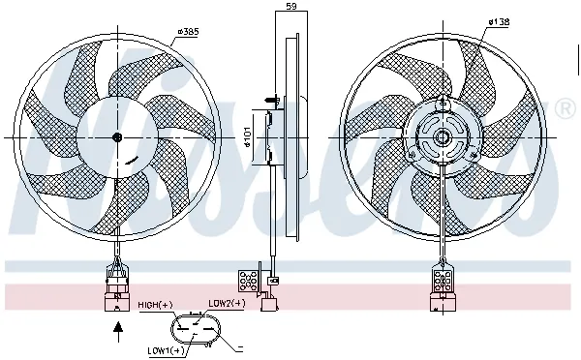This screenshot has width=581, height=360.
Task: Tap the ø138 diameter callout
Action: pyautogui.click(x=499, y=20)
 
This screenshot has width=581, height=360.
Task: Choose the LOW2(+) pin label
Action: pyautogui.click(x=227, y=303)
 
